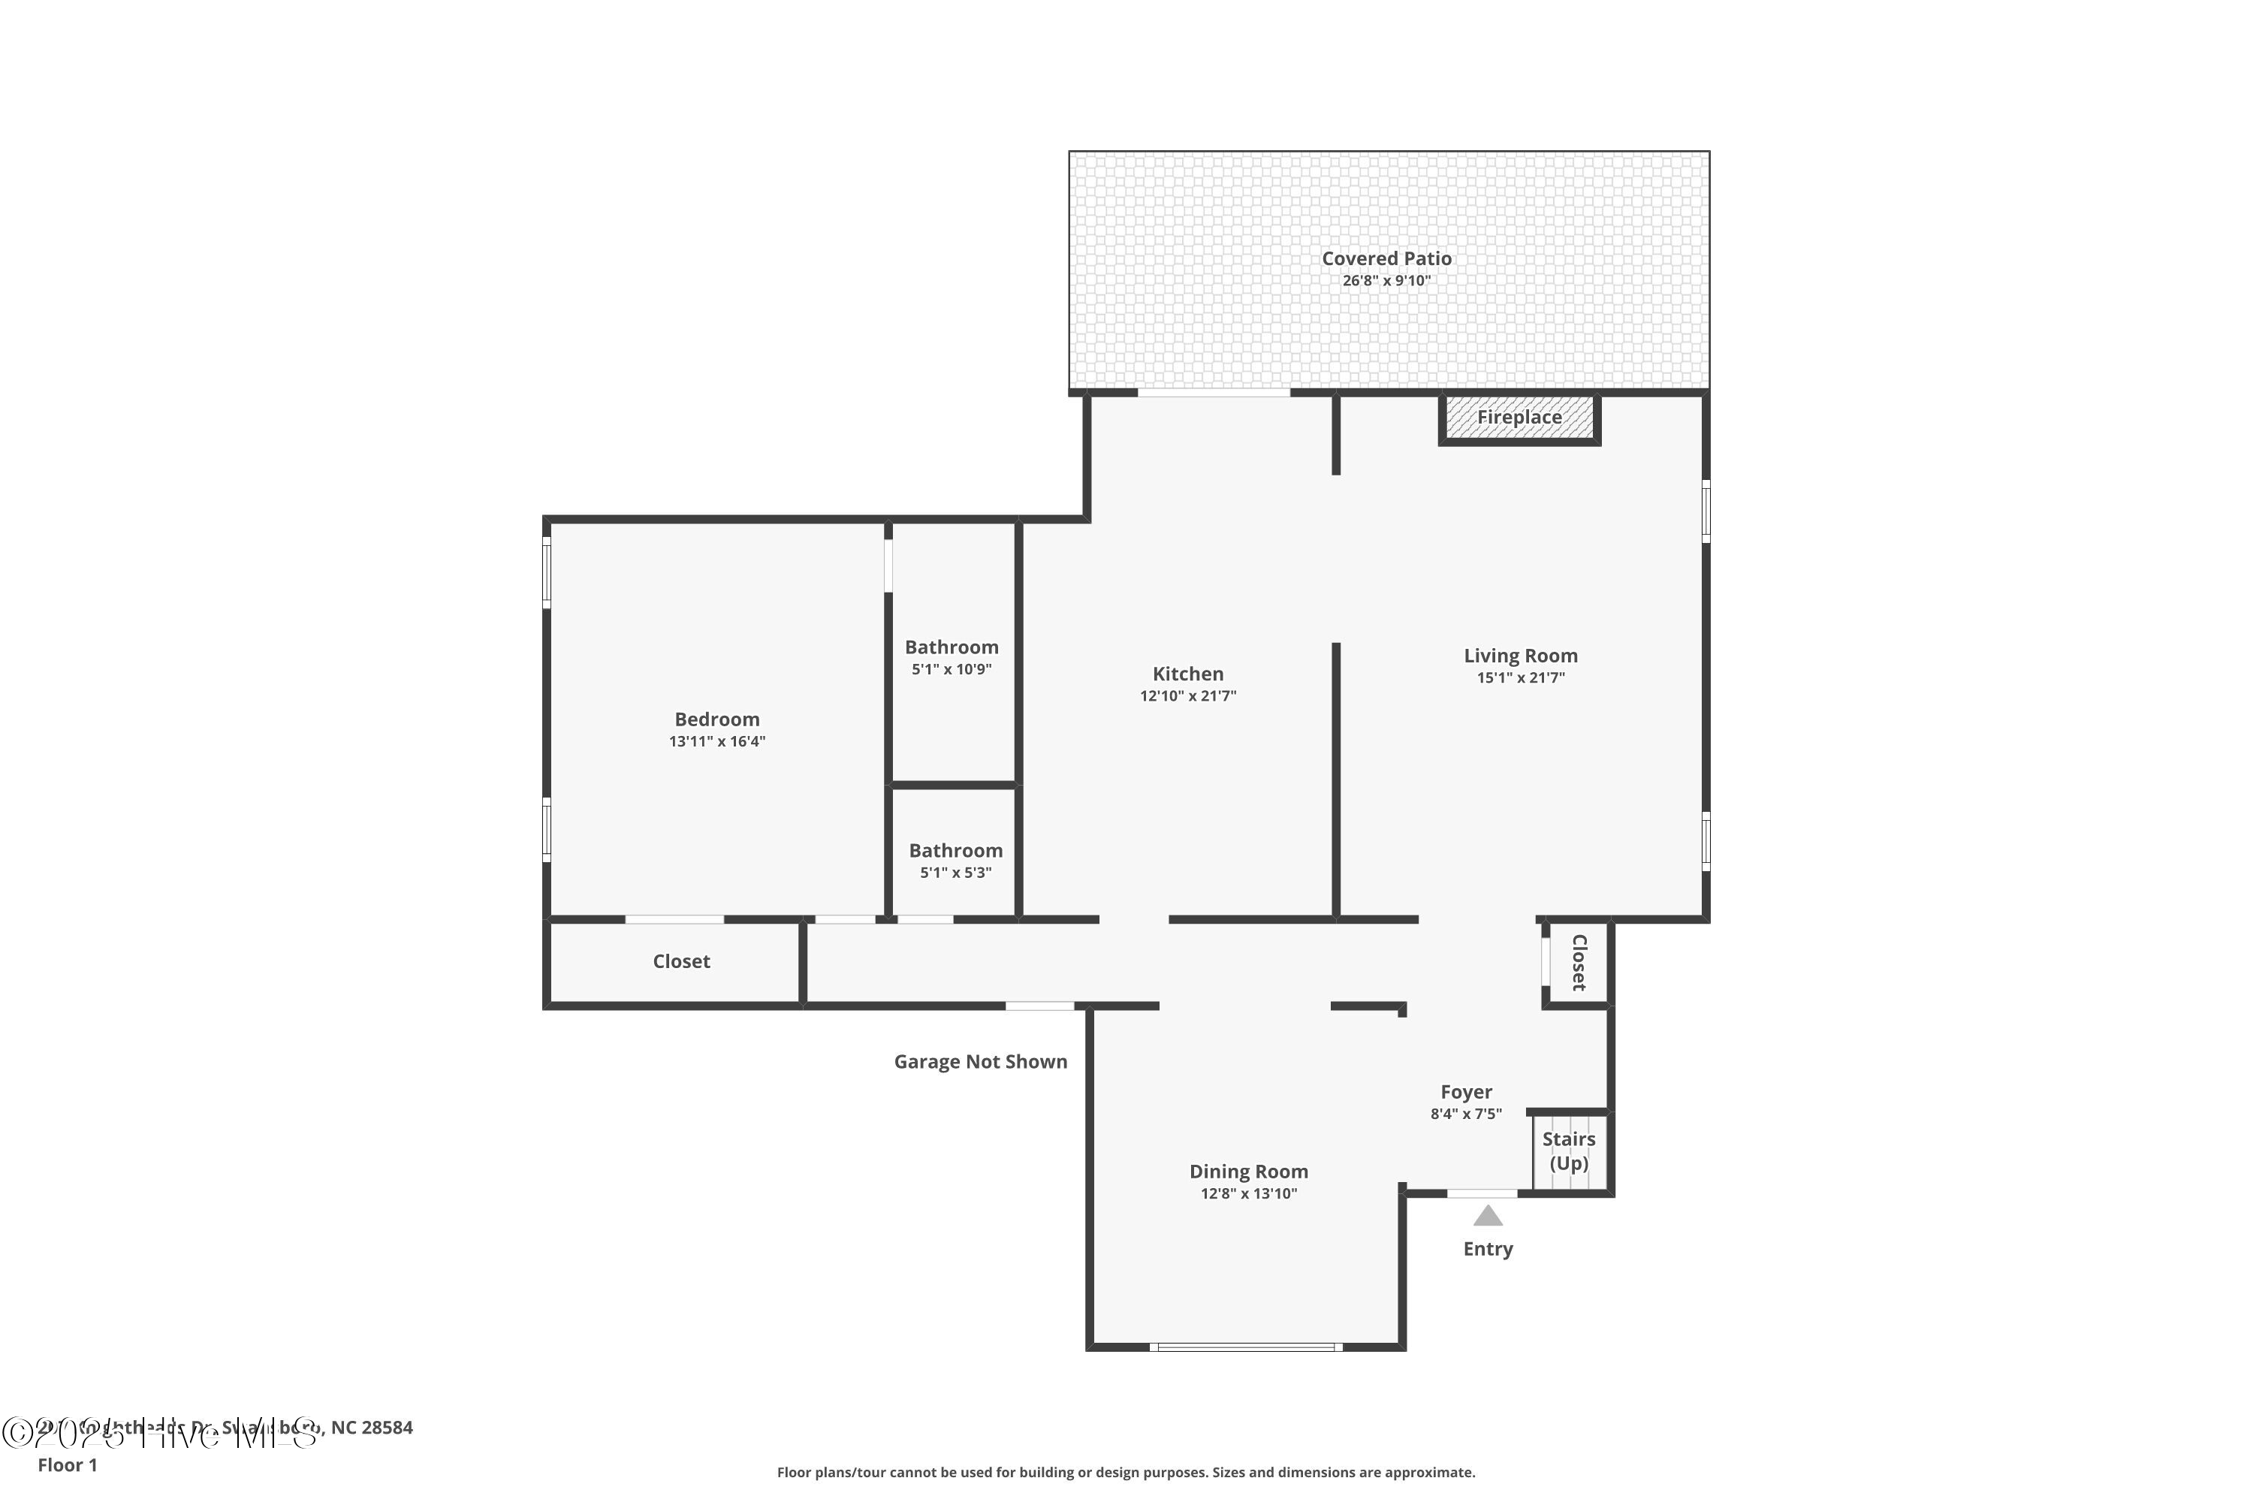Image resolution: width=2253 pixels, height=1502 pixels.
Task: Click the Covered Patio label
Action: (x=1386, y=258)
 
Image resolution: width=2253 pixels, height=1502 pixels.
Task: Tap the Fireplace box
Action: (x=1519, y=418)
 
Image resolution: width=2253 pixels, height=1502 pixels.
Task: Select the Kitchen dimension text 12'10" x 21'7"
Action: (x=1188, y=696)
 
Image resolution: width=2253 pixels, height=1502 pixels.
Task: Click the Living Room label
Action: (x=1520, y=656)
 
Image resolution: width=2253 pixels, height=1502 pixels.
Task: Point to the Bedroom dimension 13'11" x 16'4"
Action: (x=716, y=741)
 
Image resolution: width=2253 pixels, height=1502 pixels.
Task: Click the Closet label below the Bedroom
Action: (x=681, y=962)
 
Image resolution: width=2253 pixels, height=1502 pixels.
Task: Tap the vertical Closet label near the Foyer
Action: (x=1579, y=962)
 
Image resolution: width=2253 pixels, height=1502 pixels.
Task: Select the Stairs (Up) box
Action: (x=1568, y=1151)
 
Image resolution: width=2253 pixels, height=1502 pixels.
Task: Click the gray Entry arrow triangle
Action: (x=1488, y=1217)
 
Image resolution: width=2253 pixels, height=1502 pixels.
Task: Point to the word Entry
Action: (x=1488, y=1249)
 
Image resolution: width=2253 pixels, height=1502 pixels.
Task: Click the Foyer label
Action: (x=1466, y=1092)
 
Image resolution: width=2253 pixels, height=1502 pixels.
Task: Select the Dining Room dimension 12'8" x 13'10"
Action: (x=1248, y=1193)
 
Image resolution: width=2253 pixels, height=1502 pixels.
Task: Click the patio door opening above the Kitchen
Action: (x=1214, y=393)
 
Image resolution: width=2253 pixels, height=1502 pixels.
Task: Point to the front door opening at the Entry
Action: (x=1481, y=1193)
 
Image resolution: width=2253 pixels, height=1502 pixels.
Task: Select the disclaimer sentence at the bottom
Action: (x=1126, y=1472)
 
